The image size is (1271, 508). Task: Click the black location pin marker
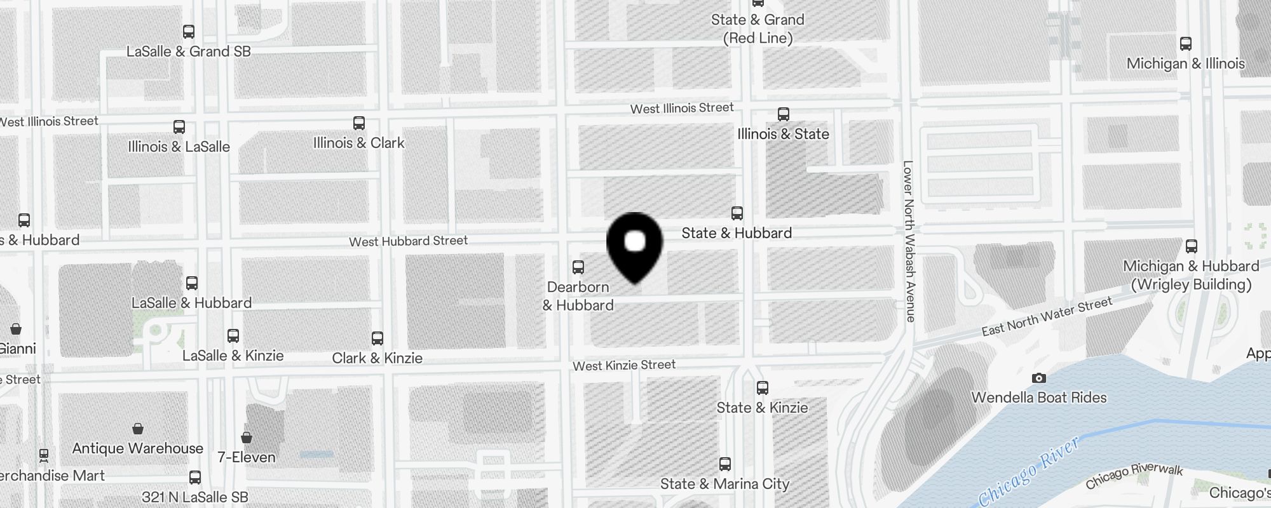635,244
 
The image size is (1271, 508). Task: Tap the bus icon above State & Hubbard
737,213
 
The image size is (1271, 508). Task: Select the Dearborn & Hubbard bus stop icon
578,267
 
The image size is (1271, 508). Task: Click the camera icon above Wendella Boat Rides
1039,378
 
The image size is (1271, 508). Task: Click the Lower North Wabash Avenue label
909,241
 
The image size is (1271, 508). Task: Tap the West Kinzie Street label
623,365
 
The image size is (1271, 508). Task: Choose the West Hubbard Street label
408,241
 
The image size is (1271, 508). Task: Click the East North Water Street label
1047,316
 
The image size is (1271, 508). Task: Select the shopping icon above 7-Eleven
247,438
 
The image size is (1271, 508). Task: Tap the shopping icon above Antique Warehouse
138,429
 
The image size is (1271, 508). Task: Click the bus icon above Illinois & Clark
359,123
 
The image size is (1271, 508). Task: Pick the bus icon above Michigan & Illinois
1186,44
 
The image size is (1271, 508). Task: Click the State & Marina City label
724,484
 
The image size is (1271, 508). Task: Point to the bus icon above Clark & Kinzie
377,338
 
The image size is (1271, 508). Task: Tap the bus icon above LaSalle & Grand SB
189,32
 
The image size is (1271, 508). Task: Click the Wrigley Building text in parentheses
1191,284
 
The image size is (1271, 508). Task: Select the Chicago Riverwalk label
1134,476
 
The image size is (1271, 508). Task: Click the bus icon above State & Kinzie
763,388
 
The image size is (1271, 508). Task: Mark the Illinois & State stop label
783,134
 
